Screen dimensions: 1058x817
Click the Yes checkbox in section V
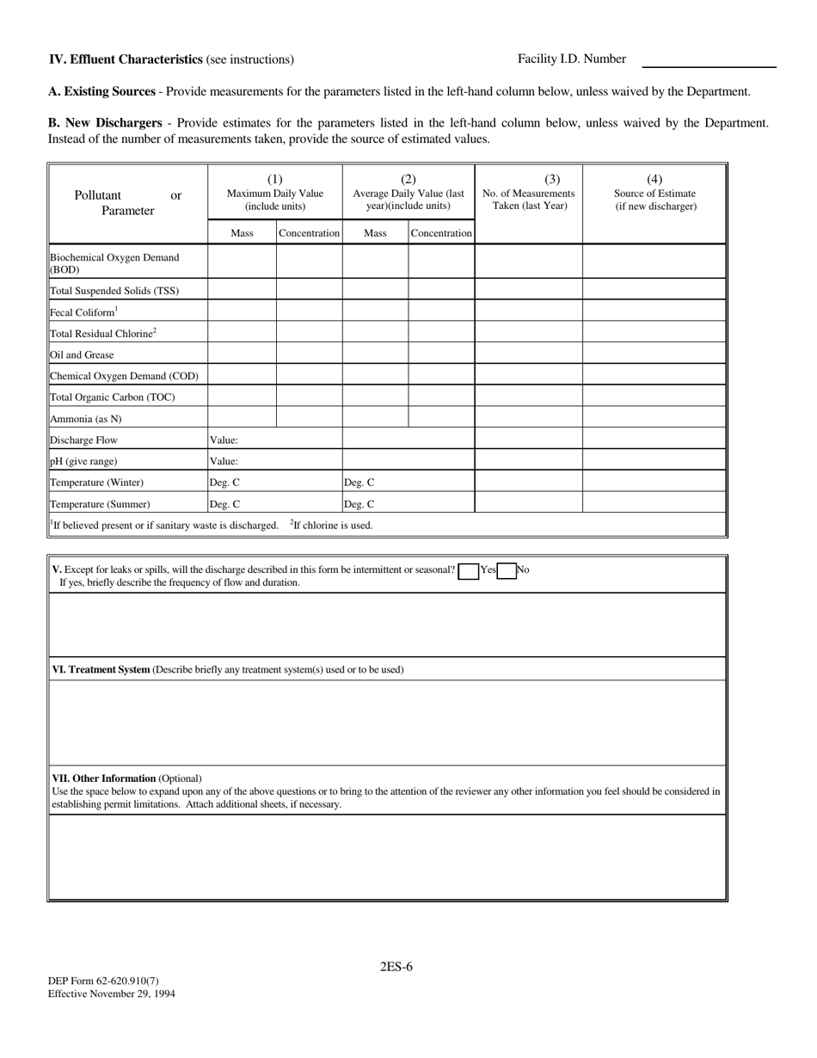469,571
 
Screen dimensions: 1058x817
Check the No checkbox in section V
507,571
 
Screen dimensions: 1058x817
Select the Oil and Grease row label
82,354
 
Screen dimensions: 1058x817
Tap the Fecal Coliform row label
83,312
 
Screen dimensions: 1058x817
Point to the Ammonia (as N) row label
85,418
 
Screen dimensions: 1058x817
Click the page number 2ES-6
396,966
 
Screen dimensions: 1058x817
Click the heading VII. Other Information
104,778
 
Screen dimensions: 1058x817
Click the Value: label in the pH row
224,461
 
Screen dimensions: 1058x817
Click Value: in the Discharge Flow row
224,440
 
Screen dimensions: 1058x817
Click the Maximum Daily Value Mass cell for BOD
242,261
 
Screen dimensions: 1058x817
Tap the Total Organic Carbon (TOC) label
112,397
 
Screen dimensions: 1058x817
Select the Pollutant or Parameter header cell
127,203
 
